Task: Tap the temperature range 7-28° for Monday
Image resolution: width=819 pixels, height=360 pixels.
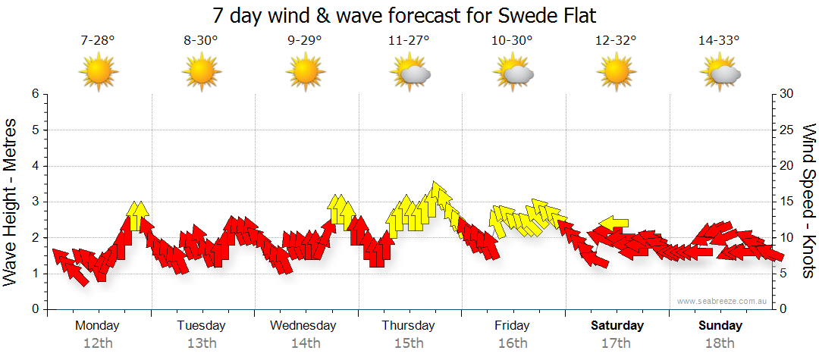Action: (x=98, y=41)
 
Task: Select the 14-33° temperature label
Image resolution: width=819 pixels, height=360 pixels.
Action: (x=719, y=41)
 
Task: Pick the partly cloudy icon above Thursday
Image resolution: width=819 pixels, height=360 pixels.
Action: (x=410, y=73)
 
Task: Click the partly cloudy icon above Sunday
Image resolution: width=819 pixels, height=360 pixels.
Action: (x=720, y=73)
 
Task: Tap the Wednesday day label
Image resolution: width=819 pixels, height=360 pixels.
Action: (x=303, y=326)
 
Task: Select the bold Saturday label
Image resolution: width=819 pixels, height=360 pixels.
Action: (x=617, y=326)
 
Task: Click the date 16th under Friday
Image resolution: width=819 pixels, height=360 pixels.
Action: (x=513, y=343)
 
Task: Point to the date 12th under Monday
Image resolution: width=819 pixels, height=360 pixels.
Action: (x=98, y=343)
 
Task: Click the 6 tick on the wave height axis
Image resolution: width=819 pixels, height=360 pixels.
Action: (x=34, y=94)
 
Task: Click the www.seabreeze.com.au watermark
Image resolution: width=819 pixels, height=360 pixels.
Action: (x=723, y=301)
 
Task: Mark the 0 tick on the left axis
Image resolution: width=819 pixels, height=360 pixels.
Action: (x=34, y=309)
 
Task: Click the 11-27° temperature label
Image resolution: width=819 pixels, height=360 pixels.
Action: (x=409, y=41)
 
